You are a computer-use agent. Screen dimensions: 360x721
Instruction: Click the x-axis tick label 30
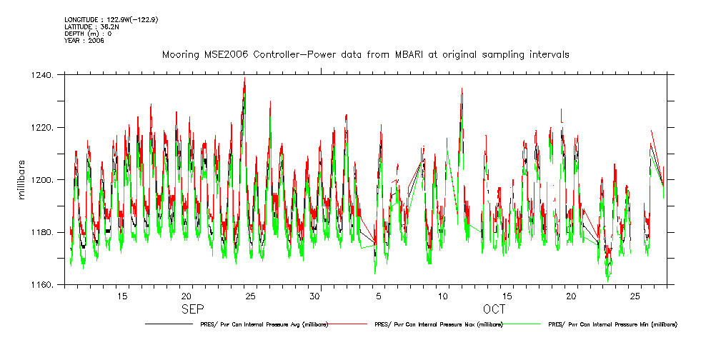click(x=314, y=296)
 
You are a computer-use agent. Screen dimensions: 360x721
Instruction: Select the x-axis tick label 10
click(x=443, y=296)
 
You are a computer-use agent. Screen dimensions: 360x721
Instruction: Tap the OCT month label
click(x=494, y=309)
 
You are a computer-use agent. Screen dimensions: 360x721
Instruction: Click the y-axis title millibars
click(x=22, y=180)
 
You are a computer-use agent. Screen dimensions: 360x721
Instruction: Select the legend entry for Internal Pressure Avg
click(x=261, y=324)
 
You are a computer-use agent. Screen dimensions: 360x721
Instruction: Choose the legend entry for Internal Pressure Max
click(x=438, y=324)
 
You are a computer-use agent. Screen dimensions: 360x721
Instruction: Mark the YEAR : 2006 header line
click(x=84, y=41)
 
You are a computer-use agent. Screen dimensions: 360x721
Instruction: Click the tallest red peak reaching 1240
click(x=244, y=79)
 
